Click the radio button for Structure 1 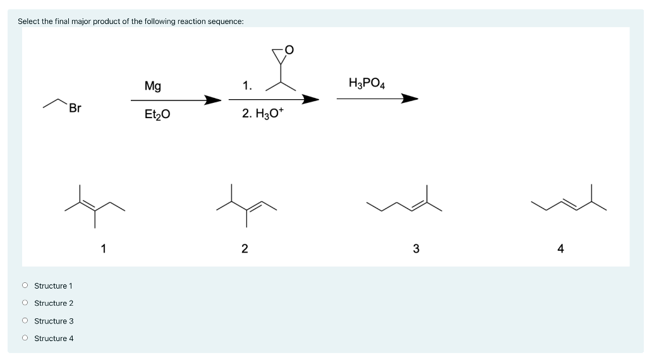25,286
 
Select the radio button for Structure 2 25,303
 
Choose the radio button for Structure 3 25,321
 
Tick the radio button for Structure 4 25,339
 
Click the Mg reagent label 152,85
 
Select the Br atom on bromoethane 75,108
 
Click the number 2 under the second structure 245,248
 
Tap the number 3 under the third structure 416,248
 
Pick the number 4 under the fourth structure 560,248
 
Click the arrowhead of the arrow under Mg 212,100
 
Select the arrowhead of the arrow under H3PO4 410,99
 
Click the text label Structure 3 54,321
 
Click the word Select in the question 28,21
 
